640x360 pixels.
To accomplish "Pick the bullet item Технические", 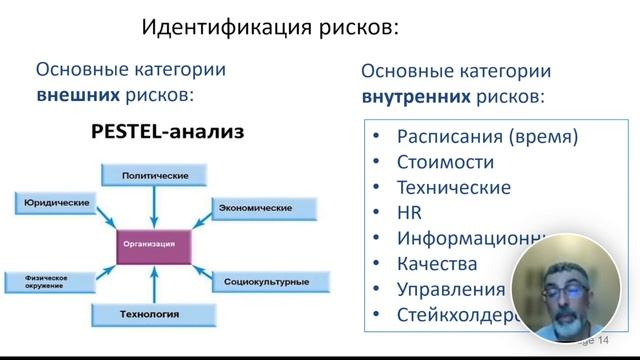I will [453, 187].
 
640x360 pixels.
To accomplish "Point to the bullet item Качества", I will [437, 265].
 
